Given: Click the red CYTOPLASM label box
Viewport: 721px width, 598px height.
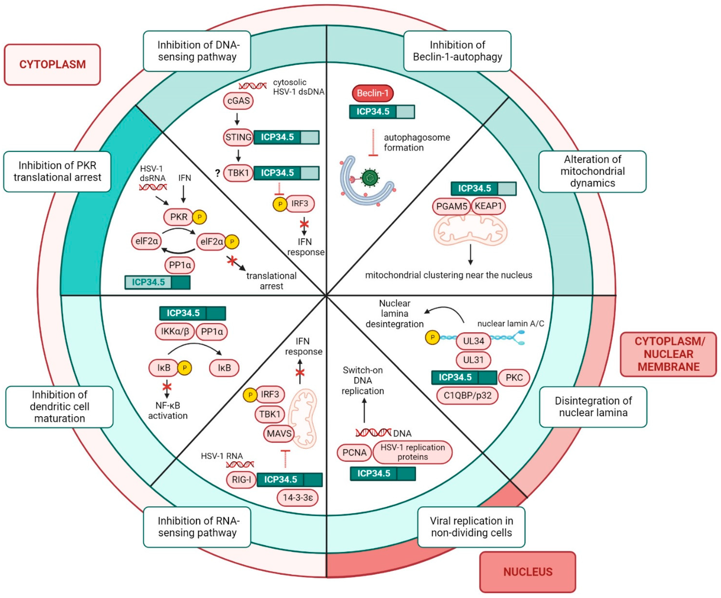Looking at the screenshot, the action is coord(52,65).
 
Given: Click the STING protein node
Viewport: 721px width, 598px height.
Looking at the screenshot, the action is coord(238,137).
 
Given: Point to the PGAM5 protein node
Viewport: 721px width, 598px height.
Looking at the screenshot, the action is coord(452,206).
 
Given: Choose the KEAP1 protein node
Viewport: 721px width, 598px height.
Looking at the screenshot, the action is coord(488,206).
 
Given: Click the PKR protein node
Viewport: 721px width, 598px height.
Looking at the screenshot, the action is coord(179,217).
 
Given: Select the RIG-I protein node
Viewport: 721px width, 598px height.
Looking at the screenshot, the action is coord(241,479).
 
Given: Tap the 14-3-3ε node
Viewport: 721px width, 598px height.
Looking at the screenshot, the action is coord(298,498).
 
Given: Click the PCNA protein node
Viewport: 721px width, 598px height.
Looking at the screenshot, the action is coord(354,453).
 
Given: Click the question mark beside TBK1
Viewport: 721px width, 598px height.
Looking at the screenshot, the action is coord(217,173).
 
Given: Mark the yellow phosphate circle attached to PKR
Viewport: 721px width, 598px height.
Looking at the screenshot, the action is coord(200,217).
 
